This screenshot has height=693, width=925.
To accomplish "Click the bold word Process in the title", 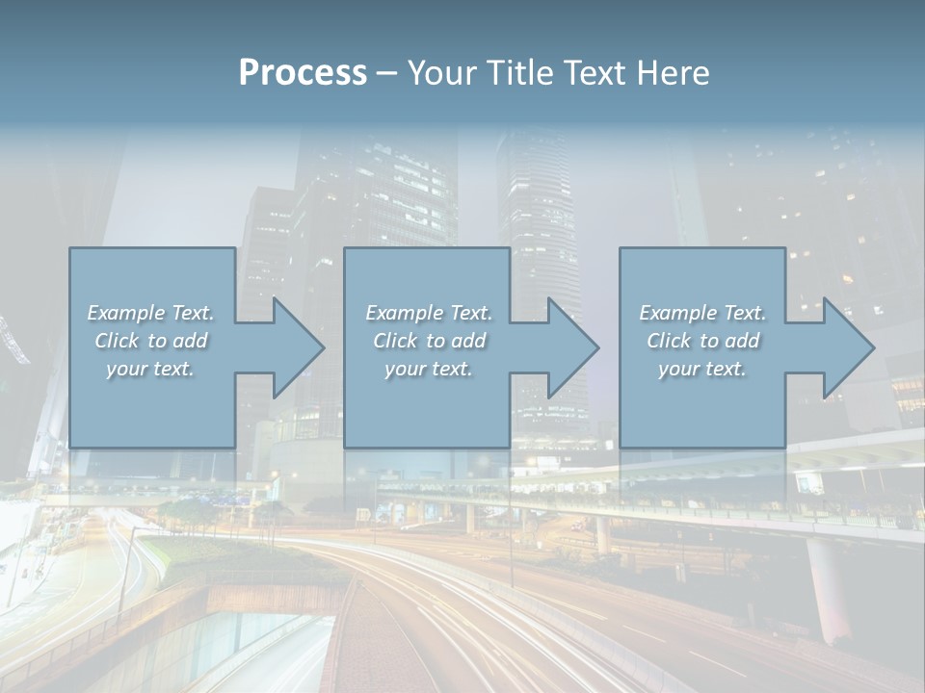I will (303, 73).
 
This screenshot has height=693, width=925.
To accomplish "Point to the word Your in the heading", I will (442, 73).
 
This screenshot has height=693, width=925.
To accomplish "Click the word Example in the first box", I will (126, 313).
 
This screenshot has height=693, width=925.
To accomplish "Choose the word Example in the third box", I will (678, 313).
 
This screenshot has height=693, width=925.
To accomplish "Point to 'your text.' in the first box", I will (150, 369).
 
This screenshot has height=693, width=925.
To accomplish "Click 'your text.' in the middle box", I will (429, 369).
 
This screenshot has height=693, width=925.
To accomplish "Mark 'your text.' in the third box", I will (702, 369).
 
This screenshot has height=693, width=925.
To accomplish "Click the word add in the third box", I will (742, 341).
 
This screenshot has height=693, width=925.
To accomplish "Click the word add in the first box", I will (190, 341).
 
